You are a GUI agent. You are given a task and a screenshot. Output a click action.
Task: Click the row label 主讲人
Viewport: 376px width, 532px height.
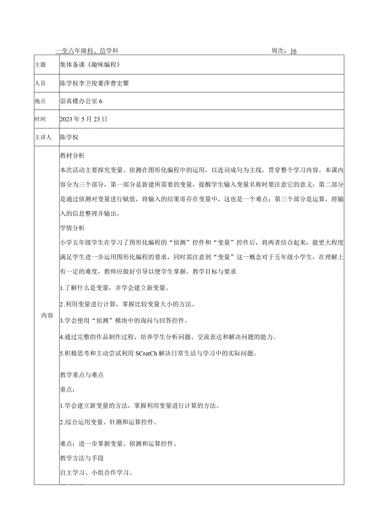pyautogui.click(x=43, y=138)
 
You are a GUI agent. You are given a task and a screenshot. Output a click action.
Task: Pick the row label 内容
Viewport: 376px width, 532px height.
pyautogui.click(x=47, y=316)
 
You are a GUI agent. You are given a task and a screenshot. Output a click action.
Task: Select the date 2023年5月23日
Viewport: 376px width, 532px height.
pyautogui.click(x=83, y=119)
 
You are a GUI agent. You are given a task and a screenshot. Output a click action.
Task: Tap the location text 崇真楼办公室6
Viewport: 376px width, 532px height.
pyautogui.click(x=81, y=101)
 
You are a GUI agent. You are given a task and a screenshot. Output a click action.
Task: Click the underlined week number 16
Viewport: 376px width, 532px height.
pyautogui.click(x=293, y=51)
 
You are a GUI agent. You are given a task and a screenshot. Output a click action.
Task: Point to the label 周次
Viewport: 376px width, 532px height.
pyautogui.click(x=279, y=51)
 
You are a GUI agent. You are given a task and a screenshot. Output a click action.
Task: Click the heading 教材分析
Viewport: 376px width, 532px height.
pyautogui.click(x=72, y=156)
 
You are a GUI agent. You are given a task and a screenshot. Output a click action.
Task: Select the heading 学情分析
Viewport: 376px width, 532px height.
pyautogui.click(x=72, y=228)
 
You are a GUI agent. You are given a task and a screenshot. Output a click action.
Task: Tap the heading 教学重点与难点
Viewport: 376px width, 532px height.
pyautogui.click(x=81, y=375)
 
